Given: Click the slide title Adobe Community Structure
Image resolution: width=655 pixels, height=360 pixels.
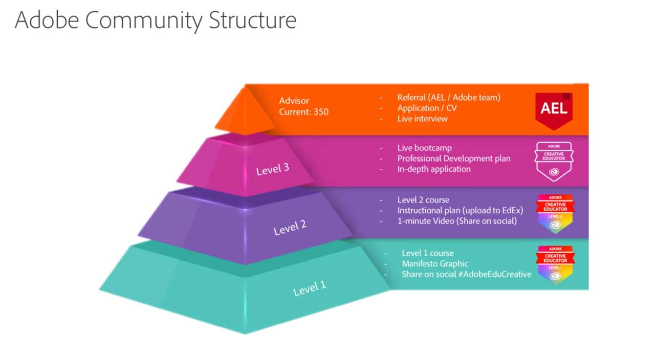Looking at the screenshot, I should (x=156, y=20).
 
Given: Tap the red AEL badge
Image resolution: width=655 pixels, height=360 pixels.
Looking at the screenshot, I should (x=554, y=109).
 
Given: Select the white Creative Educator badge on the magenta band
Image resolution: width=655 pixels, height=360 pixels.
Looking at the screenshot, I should (x=554, y=161).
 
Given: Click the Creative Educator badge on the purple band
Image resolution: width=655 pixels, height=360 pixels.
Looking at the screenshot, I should (x=555, y=213).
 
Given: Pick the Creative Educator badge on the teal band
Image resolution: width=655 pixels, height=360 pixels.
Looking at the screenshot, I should (x=555, y=264).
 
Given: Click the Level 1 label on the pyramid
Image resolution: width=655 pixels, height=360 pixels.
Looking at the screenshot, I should (x=310, y=288).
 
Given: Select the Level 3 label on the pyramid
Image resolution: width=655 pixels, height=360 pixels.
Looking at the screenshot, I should (x=272, y=169).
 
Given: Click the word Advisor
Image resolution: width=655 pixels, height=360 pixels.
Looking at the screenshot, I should (x=294, y=101).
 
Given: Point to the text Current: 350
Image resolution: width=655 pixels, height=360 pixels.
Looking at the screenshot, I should (x=304, y=111).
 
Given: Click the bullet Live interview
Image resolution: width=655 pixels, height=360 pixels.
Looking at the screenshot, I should (x=422, y=119).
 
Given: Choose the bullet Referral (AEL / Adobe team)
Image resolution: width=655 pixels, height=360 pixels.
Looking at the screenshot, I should (x=449, y=97).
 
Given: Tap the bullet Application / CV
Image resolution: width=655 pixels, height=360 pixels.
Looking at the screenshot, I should (x=427, y=108).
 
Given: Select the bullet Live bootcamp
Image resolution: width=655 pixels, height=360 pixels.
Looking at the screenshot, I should (x=424, y=148).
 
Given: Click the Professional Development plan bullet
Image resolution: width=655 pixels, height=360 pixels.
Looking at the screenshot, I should (x=453, y=159).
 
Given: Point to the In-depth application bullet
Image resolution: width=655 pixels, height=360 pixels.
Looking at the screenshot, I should (x=434, y=169).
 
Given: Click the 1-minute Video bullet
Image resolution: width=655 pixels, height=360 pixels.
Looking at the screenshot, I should (x=457, y=221).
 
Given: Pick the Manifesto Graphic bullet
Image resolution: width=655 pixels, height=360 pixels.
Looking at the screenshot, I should (x=434, y=264).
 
